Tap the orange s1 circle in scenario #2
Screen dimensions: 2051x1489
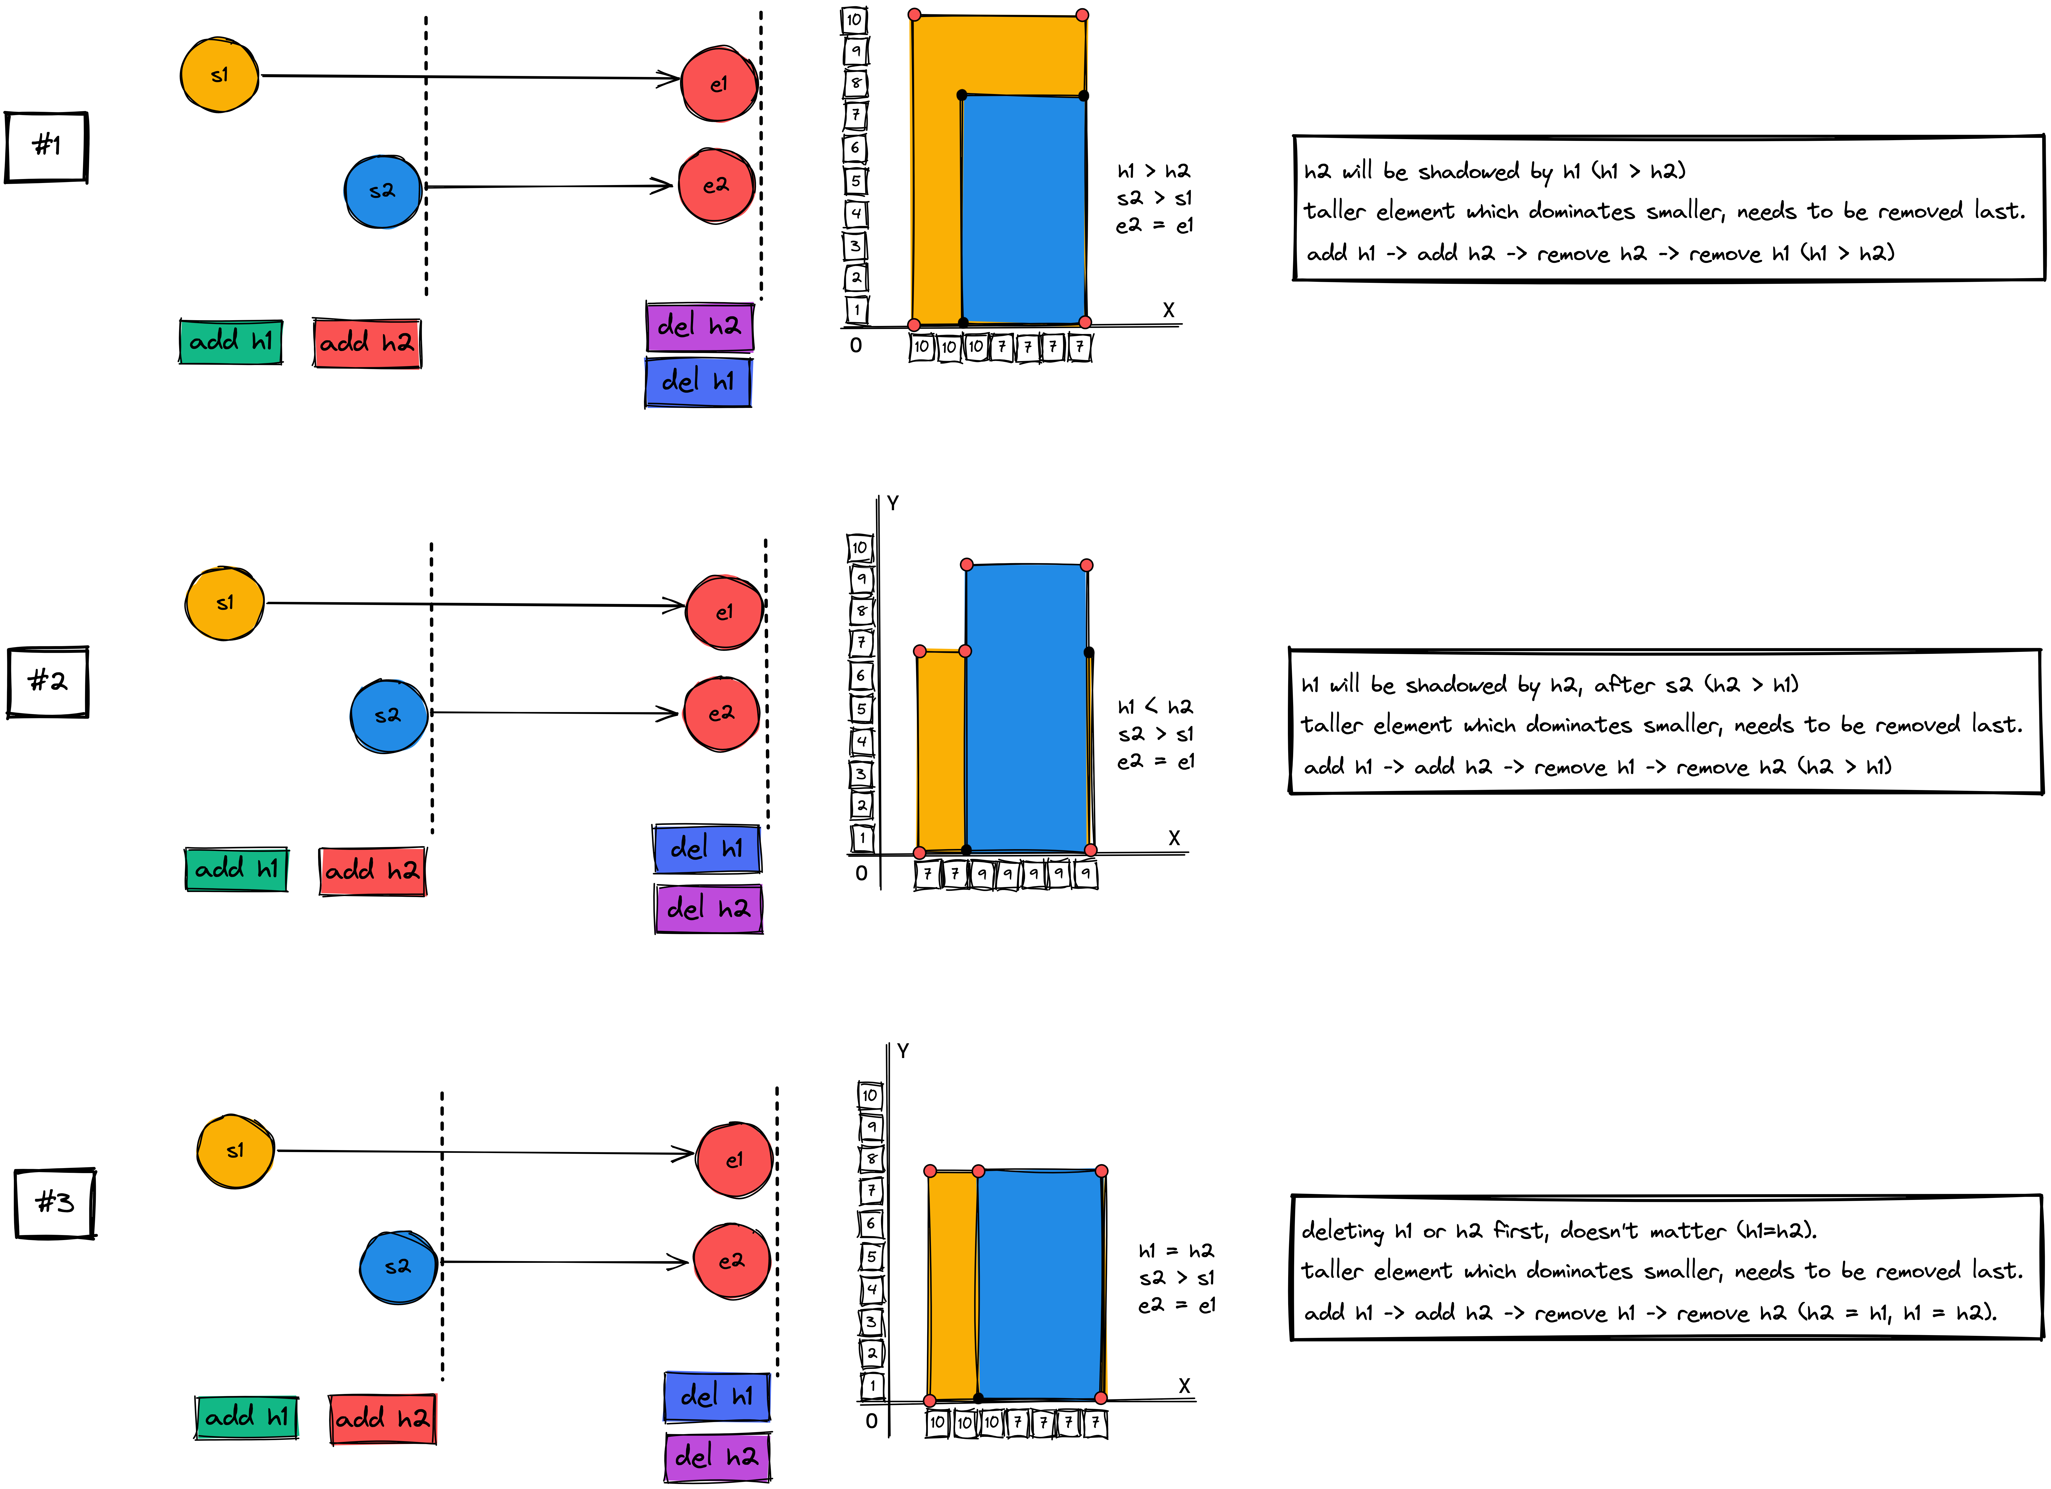pos(224,603)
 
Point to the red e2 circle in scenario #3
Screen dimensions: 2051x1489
pos(731,1261)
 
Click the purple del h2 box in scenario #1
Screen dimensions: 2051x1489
pos(699,326)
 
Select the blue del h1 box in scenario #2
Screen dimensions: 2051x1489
pos(706,849)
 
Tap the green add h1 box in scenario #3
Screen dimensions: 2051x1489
pos(246,1417)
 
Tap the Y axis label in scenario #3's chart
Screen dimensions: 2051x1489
pos(903,1050)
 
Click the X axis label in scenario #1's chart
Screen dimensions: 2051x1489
pos(1168,310)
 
